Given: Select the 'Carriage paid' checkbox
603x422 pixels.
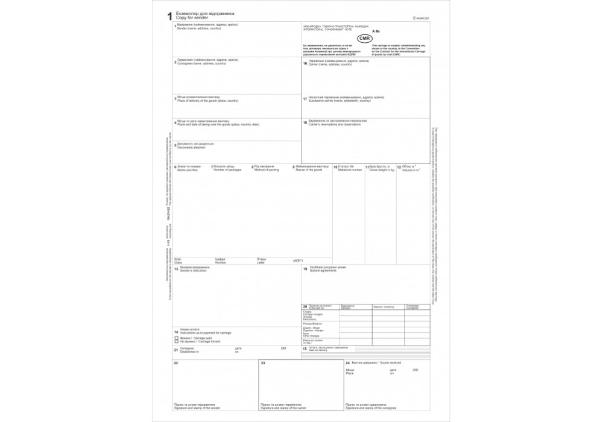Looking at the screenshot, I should [175, 339].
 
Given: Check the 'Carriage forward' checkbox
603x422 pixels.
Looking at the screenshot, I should [175, 343].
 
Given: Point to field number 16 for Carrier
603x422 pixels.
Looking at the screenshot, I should [305, 63].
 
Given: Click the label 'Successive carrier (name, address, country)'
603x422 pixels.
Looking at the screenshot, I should [333, 100].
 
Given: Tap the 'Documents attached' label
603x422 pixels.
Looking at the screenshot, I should [191, 147].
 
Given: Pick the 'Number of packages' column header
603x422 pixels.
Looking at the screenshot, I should [227, 170].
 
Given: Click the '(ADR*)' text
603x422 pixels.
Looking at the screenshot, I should [297, 260].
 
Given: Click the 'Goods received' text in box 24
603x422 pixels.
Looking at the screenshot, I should [388, 363].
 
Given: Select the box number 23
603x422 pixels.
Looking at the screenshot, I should [263, 363].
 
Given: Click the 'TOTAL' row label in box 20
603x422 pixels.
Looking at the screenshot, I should [309, 342].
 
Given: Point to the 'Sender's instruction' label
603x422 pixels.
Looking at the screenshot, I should [193, 271].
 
